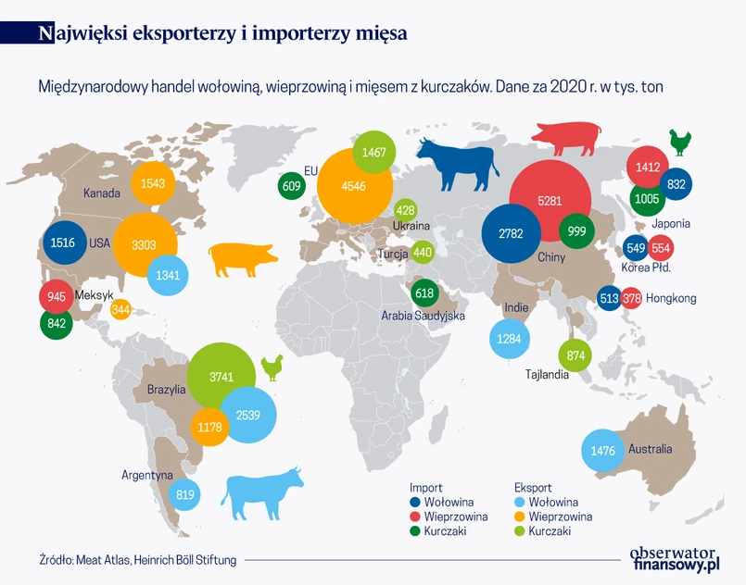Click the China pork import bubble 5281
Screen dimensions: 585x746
pyautogui.click(x=550, y=200)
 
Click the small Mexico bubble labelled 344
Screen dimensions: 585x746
pyautogui.click(x=120, y=309)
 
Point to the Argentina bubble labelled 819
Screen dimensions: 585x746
pyautogui.click(x=185, y=494)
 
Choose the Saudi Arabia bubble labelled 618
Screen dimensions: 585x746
pyautogui.click(x=424, y=293)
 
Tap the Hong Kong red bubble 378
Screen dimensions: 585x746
pyautogui.click(x=632, y=298)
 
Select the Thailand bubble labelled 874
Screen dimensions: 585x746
pyautogui.click(x=575, y=355)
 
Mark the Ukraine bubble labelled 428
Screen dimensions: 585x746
pyautogui.click(x=405, y=210)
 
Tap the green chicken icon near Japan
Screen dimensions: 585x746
pyautogui.click(x=681, y=143)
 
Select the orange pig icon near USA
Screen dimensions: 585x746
pyautogui.click(x=244, y=259)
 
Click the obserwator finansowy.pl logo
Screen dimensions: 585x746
pyautogui.click(x=674, y=554)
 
